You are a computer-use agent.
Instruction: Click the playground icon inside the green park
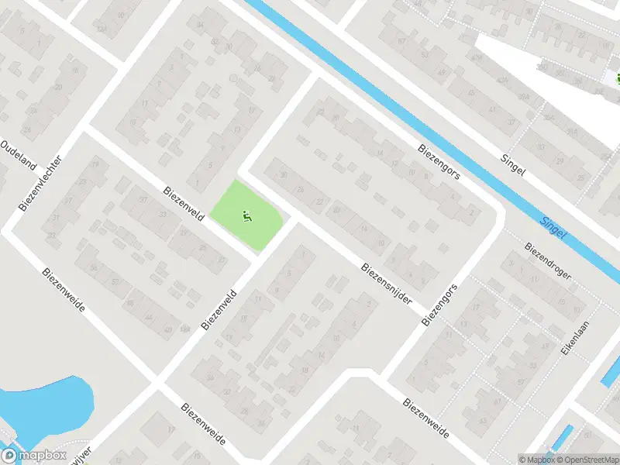pos(247,216)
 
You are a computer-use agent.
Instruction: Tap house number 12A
pos(102,28)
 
